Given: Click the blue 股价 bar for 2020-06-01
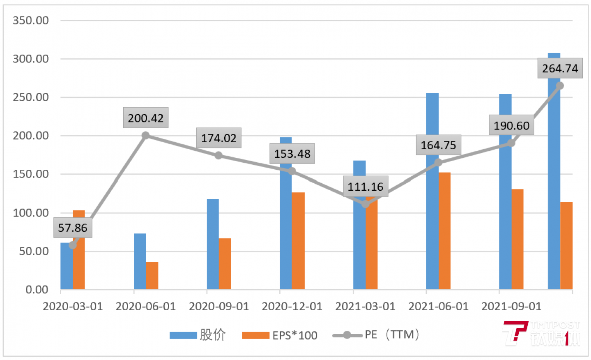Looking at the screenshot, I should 140,261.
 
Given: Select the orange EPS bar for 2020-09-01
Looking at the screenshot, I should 225,264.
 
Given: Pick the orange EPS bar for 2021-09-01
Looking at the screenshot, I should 517,239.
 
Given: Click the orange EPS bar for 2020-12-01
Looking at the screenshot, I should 298,241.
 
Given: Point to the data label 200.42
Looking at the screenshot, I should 146,118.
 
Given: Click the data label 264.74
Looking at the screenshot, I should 560,68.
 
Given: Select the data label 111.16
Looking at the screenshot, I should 366,187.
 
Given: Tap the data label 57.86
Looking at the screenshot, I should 73,228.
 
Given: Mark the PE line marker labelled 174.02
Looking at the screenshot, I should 218,155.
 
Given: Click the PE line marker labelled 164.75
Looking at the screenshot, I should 438,162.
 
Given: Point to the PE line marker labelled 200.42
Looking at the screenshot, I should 145,135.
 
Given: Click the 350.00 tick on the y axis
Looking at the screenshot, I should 31,20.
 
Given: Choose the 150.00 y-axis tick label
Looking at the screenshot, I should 31,174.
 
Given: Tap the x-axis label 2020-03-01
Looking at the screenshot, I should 73,307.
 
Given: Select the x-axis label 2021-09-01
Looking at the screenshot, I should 511,307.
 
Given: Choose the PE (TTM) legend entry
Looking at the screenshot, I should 376,335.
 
